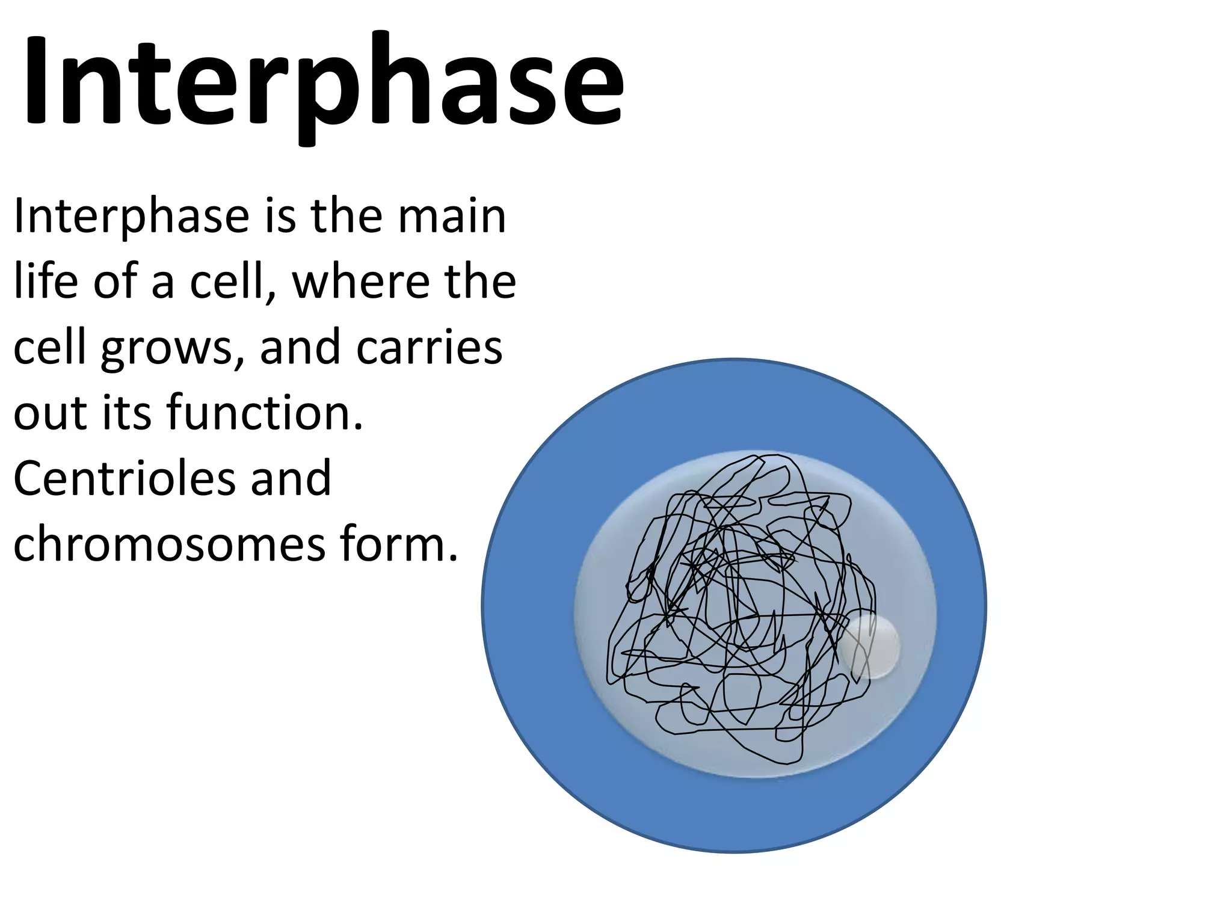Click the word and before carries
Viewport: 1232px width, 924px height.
tap(300, 348)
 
